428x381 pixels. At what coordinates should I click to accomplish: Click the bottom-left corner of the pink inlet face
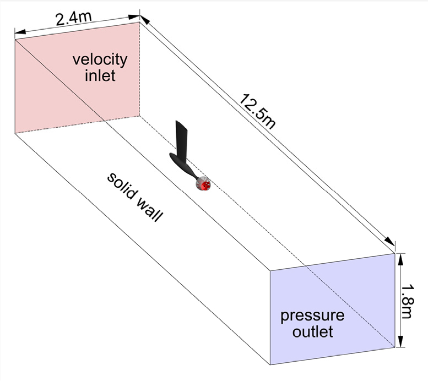click(15, 133)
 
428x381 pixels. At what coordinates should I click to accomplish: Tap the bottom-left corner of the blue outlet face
click(270, 364)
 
